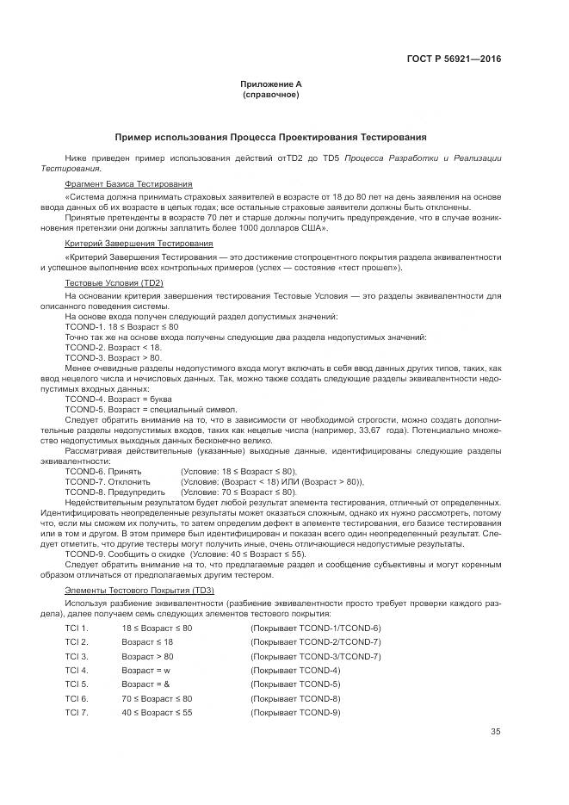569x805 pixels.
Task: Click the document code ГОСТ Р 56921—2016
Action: (454, 59)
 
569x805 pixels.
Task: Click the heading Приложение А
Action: (271, 84)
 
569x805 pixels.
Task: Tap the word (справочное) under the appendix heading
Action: (271, 94)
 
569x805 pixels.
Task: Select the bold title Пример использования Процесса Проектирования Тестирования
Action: (271, 137)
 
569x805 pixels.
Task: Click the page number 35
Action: (495, 732)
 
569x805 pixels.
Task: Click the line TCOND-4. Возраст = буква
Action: (118, 399)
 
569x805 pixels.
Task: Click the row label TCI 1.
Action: (77, 629)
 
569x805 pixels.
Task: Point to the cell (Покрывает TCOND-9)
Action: (295, 712)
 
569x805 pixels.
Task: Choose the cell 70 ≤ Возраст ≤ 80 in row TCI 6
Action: (157, 698)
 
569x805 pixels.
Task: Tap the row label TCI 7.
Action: (77, 712)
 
